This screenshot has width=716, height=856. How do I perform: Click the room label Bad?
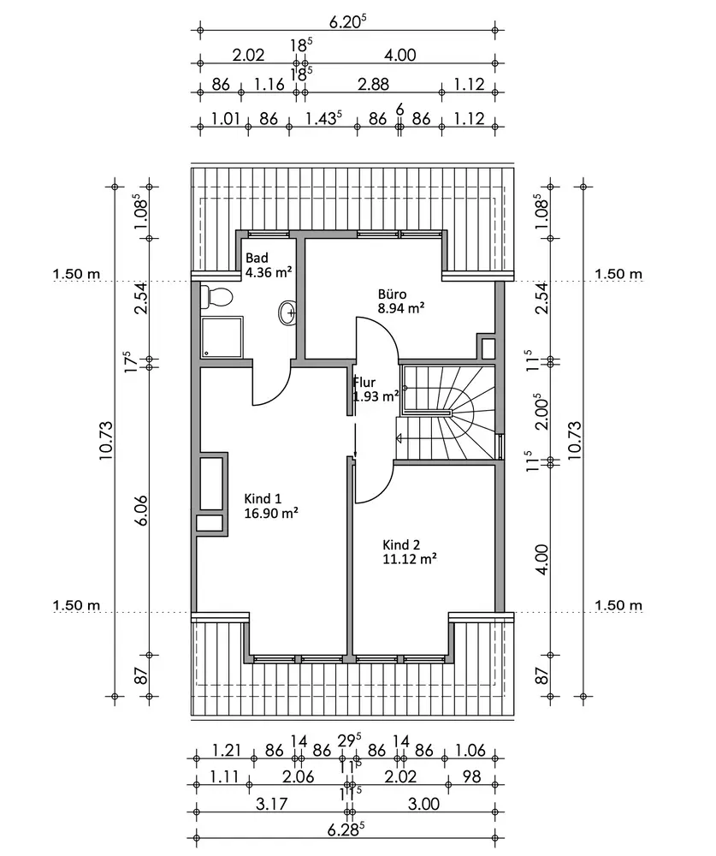click(257, 258)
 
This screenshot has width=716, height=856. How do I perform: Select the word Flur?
click(365, 383)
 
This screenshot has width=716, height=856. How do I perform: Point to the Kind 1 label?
click(263, 499)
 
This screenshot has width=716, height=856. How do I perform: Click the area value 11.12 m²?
click(410, 558)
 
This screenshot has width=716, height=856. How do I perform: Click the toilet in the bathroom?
click(216, 297)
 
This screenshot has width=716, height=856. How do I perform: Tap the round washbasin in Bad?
click(287, 313)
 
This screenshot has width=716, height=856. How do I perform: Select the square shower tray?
click(222, 337)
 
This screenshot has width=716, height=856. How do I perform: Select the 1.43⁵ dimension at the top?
click(323, 119)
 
